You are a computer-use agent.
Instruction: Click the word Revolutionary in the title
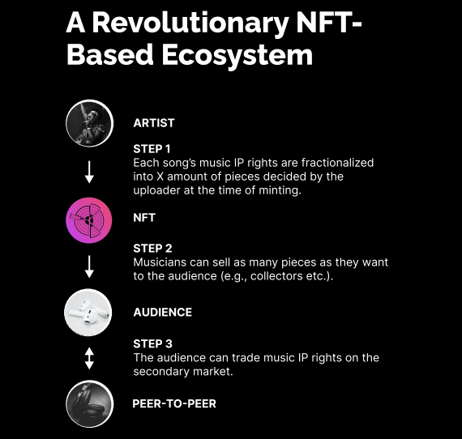pyautogui.click(x=190, y=23)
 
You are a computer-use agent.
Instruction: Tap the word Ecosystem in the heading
pyautogui.click(x=237, y=55)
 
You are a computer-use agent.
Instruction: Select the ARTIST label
pyautogui.click(x=154, y=123)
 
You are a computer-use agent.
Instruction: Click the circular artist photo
pyautogui.click(x=90, y=123)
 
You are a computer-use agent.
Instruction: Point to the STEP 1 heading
pyautogui.click(x=152, y=149)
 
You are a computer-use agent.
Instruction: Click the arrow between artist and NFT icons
pyautogui.click(x=89, y=172)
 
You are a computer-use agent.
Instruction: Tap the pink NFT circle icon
pyautogui.click(x=89, y=220)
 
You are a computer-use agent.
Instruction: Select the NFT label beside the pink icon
pyautogui.click(x=144, y=218)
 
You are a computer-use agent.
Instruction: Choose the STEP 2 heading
pyautogui.click(x=152, y=249)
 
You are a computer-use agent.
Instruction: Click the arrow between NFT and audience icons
pyautogui.click(x=89, y=266)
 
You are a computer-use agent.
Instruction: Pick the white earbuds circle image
pyautogui.click(x=88, y=313)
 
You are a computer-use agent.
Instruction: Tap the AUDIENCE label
pyautogui.click(x=163, y=313)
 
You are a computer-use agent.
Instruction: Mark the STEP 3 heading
pyautogui.click(x=152, y=344)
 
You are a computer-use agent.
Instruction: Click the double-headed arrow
pyautogui.click(x=89, y=358)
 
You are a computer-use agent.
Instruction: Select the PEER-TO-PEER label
pyautogui.click(x=174, y=403)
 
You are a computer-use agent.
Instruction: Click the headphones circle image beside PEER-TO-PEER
pyautogui.click(x=90, y=403)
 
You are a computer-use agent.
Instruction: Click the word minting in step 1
pyautogui.click(x=280, y=190)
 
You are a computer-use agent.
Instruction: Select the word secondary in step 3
pyautogui.click(x=161, y=372)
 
